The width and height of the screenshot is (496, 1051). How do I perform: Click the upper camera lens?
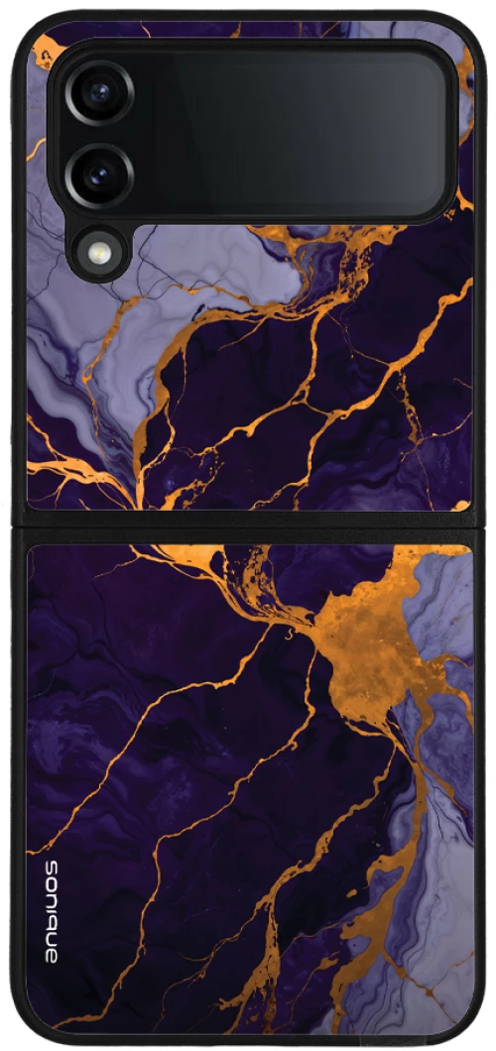pos(99,93)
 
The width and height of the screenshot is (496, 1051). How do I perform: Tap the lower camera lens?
pos(99,175)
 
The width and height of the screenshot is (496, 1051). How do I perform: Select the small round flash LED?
pos(99,254)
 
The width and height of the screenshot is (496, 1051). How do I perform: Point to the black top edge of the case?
pos(248,15)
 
